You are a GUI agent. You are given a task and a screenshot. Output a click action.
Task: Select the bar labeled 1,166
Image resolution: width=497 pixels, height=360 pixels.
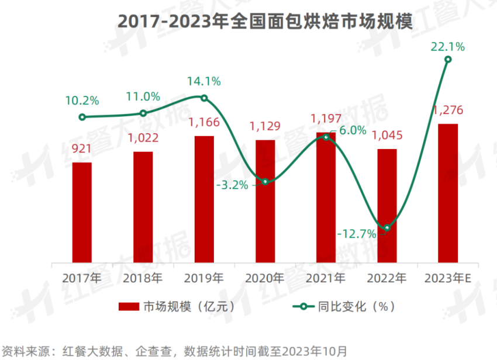[204, 199]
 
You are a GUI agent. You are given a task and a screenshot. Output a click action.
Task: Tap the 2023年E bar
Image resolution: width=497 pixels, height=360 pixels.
[448, 192]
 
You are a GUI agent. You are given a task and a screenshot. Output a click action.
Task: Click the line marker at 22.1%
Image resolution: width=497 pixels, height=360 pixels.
[448, 59]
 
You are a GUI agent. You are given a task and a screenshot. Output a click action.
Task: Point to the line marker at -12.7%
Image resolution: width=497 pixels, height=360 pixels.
[386, 228]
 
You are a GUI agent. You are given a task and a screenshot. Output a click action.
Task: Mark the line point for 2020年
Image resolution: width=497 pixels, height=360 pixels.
[265, 182]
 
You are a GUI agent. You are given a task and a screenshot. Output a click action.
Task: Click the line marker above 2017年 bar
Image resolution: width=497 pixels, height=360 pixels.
[82, 117]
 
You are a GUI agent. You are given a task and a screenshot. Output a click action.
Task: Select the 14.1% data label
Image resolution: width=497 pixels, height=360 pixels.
[203, 82]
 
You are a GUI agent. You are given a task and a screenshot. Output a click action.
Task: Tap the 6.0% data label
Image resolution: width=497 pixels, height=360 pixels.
[353, 130]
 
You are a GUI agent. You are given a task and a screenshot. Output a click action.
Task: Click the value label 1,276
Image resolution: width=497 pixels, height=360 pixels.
[448, 110]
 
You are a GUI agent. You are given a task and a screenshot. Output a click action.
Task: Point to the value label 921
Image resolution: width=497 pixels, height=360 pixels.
[82, 149]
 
